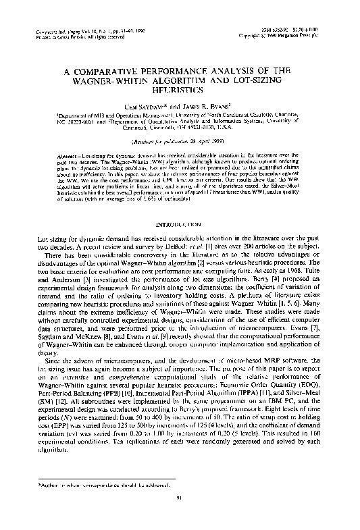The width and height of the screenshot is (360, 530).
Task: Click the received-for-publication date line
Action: click(179, 134)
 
